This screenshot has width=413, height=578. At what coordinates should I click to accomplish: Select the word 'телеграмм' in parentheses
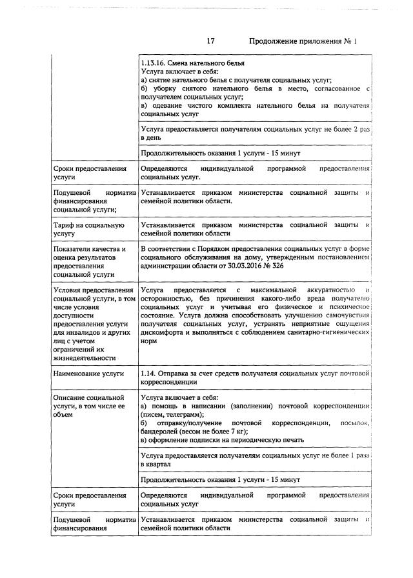182,414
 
